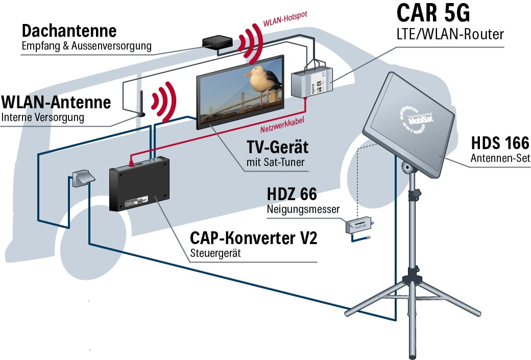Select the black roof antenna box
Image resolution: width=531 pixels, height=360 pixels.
click(217, 42)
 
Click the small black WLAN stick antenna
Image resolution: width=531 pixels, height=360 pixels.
click(140, 104)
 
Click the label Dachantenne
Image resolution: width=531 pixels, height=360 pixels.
click(69, 31)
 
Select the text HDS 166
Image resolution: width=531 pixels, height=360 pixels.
click(499, 143)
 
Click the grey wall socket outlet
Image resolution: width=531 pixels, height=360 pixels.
click(81, 178)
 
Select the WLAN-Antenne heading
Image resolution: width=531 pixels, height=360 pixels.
click(56, 102)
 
